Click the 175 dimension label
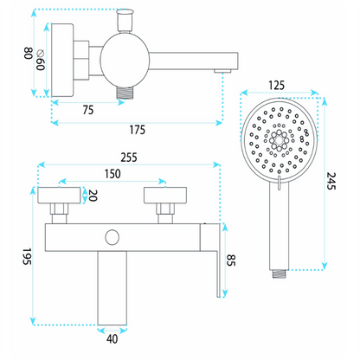(137, 130)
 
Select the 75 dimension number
(88, 110)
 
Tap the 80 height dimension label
(28, 54)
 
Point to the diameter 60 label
(41, 60)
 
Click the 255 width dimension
(129, 157)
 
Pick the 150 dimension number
(112, 174)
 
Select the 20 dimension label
(93, 196)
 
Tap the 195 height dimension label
(27, 256)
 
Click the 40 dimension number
(112, 339)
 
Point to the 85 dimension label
(231, 260)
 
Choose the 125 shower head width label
(276, 86)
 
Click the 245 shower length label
(331, 181)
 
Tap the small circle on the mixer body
(112, 237)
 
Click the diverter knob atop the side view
(125, 20)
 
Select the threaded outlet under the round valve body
(125, 92)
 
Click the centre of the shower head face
(279, 140)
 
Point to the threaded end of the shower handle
(280, 273)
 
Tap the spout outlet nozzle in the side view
(222, 71)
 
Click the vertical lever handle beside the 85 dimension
(218, 260)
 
